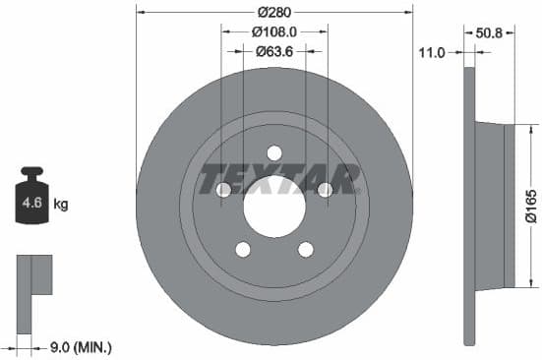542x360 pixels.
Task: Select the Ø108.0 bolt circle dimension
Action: coord(272,31)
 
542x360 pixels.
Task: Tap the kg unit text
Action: coord(61,206)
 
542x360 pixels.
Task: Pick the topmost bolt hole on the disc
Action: coord(273,152)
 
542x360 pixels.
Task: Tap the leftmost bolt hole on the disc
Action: coord(223,190)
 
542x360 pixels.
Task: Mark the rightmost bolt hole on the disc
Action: coord(324,190)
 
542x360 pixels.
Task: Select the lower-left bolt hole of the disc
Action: coord(242,249)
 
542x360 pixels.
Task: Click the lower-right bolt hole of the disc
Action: coord(305,249)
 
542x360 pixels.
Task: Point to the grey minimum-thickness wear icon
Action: coord(33,275)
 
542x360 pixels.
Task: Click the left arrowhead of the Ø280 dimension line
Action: coord(139,13)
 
